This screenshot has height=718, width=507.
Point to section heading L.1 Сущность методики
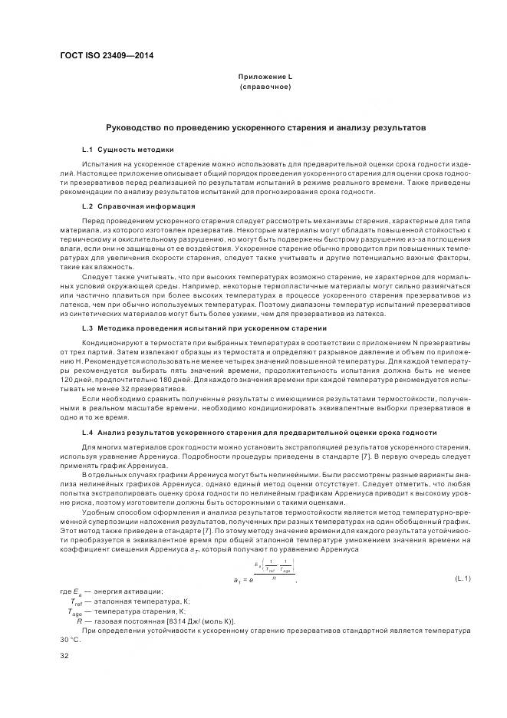coord(127,149)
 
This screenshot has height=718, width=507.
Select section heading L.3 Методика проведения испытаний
coord(193,328)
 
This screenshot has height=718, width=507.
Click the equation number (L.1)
coord(462,577)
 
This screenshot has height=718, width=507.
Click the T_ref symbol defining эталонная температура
coord(76,601)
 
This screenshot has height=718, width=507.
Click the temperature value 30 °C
coord(70,640)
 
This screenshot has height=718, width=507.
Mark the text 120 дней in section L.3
coord(77,379)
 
